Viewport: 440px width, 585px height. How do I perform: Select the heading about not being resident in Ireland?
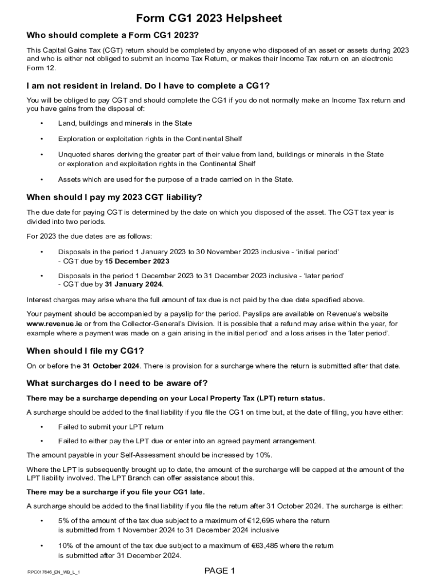click(x=148, y=86)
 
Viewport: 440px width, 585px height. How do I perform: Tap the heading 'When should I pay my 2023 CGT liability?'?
click(x=114, y=198)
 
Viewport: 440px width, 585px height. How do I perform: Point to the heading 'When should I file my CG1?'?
click(x=85, y=351)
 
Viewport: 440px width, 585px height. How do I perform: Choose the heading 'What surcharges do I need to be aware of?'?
click(x=117, y=383)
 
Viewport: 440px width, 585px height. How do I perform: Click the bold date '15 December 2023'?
click(x=137, y=261)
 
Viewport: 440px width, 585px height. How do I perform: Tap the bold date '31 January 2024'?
click(x=134, y=284)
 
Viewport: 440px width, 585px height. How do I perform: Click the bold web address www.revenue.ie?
click(x=54, y=323)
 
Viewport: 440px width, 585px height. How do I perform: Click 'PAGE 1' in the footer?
click(x=220, y=571)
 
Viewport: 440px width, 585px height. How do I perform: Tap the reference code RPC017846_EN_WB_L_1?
click(x=53, y=572)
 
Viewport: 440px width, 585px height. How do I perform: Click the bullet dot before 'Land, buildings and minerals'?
click(x=42, y=123)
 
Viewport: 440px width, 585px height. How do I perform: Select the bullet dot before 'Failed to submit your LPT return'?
click(x=42, y=427)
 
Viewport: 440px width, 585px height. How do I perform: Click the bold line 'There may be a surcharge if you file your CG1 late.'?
click(x=115, y=492)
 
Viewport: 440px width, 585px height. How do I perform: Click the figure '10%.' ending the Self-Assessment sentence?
click(x=264, y=455)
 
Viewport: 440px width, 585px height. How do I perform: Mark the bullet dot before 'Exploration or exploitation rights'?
click(x=42, y=139)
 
